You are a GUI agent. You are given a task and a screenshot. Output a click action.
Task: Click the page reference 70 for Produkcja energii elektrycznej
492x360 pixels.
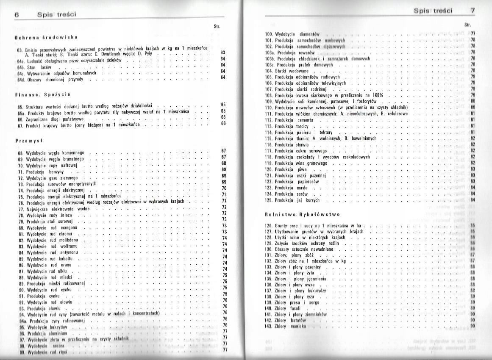tap(224, 188)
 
